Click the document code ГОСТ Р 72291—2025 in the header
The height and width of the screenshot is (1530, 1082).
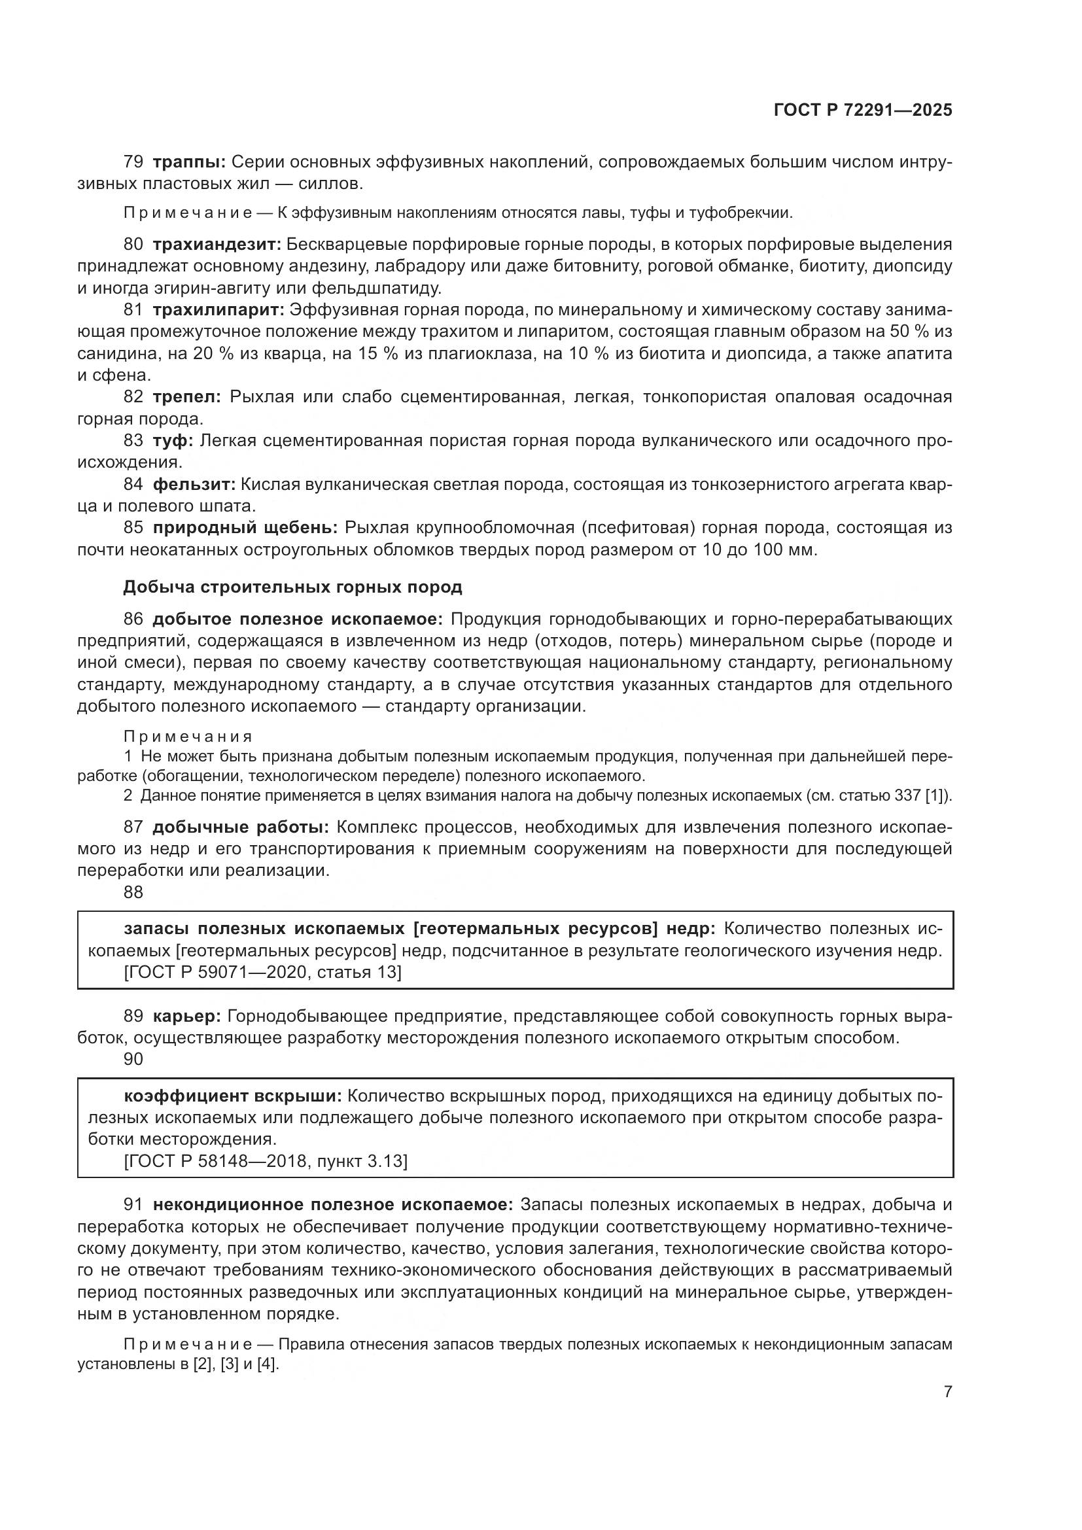click(x=863, y=111)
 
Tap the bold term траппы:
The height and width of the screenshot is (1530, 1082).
click(x=189, y=162)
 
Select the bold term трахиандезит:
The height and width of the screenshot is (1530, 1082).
click(x=217, y=244)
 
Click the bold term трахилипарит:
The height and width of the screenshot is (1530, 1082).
click(x=218, y=310)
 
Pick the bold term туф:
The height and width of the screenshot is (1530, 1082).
click(x=173, y=440)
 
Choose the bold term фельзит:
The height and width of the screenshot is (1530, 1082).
click(x=194, y=484)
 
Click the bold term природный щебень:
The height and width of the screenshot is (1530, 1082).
click(x=245, y=528)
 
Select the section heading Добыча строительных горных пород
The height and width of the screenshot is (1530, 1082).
click(x=292, y=587)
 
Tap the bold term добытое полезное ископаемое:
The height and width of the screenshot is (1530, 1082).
click(x=297, y=619)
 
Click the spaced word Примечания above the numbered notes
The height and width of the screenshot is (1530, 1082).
click(x=188, y=737)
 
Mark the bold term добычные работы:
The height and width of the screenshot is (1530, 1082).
click(x=241, y=827)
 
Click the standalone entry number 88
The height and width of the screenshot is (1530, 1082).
click(x=133, y=892)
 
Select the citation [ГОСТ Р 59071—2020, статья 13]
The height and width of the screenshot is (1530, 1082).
click(x=262, y=972)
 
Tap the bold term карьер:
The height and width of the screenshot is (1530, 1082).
click(x=186, y=1017)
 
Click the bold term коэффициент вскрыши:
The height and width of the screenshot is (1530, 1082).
click(x=232, y=1096)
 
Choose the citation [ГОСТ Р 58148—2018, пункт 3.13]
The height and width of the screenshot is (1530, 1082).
click(x=265, y=1162)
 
